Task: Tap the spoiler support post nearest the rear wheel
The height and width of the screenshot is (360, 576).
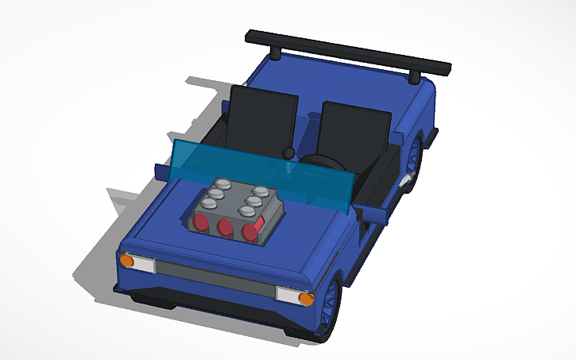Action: (x=415, y=76)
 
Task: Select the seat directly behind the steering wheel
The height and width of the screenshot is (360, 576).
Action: (x=354, y=131)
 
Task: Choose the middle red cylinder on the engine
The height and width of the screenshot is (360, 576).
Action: (x=226, y=228)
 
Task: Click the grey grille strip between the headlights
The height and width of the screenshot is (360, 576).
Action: (x=215, y=278)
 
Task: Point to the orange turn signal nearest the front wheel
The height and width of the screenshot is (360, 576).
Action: (x=306, y=299)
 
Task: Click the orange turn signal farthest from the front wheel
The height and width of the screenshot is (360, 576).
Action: (x=126, y=260)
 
